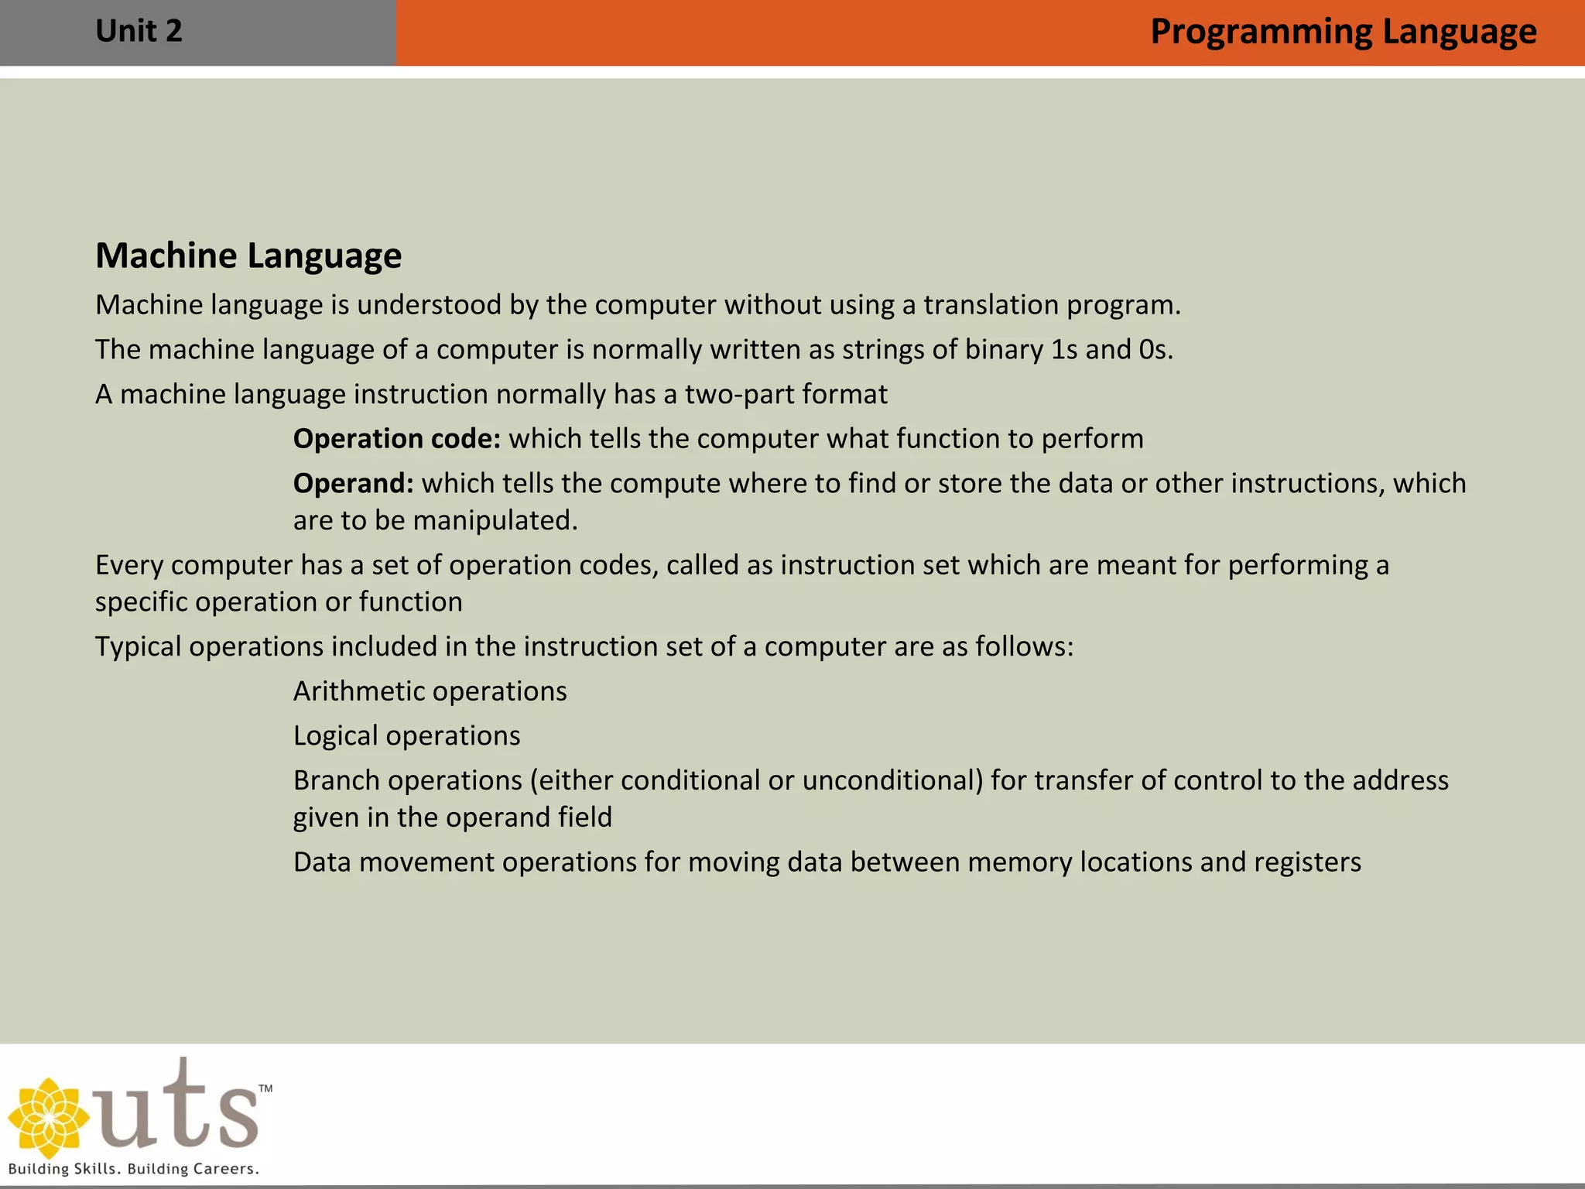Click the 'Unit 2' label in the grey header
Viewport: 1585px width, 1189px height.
pyautogui.click(x=139, y=32)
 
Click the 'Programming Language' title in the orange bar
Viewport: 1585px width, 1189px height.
pyautogui.click(x=1343, y=33)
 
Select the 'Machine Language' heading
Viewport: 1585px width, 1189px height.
pyautogui.click(x=248, y=255)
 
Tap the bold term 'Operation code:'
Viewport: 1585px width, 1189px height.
pyautogui.click(x=397, y=439)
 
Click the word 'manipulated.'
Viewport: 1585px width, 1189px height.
pyautogui.click(x=495, y=521)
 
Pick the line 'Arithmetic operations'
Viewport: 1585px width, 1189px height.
pyautogui.click(x=430, y=691)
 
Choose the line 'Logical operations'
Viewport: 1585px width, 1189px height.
pyautogui.click(x=406, y=735)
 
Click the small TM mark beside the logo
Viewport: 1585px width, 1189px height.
pyautogui.click(x=265, y=1088)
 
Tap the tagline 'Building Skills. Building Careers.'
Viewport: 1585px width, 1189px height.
pyautogui.click(x=133, y=1169)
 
